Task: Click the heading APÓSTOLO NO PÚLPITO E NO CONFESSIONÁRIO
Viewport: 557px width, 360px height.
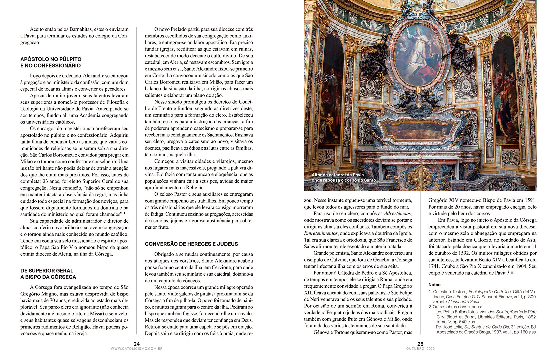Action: pyautogui.click(x=50, y=62)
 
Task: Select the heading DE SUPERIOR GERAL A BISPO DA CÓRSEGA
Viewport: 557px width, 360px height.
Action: pyautogui.click(x=48, y=274)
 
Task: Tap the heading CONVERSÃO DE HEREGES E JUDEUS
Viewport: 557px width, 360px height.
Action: pyautogui.click(x=191, y=244)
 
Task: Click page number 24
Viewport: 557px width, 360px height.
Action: pyautogui.click(x=137, y=344)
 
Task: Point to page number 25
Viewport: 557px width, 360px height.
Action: pyautogui.click(x=420, y=344)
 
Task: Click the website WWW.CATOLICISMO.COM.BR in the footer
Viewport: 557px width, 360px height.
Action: pyautogui.click(x=137, y=349)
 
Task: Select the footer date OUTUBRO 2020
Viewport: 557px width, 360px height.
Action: pyautogui.click(x=420, y=349)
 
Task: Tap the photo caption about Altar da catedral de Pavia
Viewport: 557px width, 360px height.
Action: pyautogui.click(x=343, y=178)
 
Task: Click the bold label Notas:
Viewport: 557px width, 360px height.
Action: pyautogui.click(x=435, y=285)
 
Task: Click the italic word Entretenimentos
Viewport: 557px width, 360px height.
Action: pyautogui.click(x=321, y=233)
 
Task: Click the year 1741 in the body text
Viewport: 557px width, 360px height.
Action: pyautogui.click(x=435, y=266)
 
